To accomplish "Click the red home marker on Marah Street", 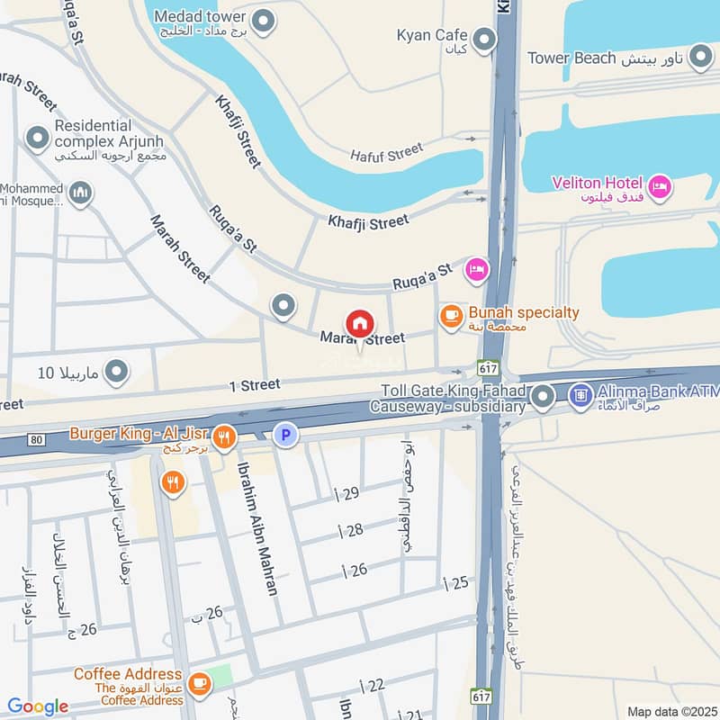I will [359, 323].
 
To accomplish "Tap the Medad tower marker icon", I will [263, 21].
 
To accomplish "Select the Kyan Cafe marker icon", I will [484, 40].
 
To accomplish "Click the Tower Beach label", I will [571, 58].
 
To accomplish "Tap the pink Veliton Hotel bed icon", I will [661, 187].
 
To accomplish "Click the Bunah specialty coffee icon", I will [450, 316].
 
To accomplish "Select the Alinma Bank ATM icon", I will [581, 394].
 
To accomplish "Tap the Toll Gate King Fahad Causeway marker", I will [542, 395].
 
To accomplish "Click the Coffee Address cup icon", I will [199, 681].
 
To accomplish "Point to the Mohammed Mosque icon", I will [80, 193].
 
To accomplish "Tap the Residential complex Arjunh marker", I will [37, 139].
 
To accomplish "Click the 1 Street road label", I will [254, 385].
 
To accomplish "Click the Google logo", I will [38, 706].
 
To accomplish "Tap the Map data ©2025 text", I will [670, 711].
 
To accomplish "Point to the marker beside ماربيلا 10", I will [116, 371].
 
